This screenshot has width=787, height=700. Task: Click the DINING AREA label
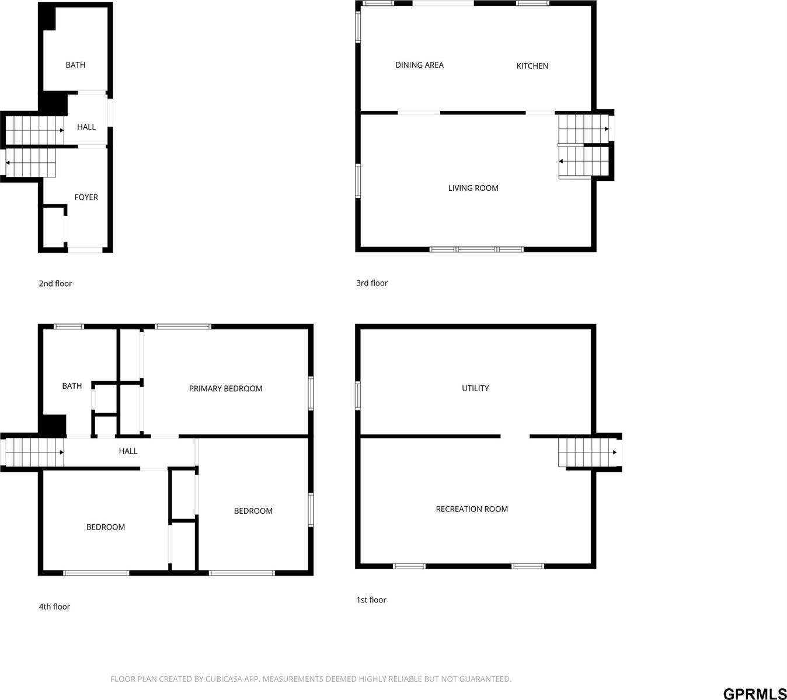click(419, 65)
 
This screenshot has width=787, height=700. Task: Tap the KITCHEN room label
click(532, 66)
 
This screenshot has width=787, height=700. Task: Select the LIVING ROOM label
click(473, 188)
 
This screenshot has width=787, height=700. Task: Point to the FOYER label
click(86, 197)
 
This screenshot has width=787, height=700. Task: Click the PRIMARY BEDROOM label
click(225, 388)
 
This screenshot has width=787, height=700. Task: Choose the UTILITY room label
click(475, 388)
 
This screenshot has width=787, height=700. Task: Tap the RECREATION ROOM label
click(472, 509)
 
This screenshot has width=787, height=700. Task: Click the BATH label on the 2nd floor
click(75, 65)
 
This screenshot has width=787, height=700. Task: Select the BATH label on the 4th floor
click(72, 386)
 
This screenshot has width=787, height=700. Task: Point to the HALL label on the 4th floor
click(128, 451)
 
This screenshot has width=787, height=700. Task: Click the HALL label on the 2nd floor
click(86, 127)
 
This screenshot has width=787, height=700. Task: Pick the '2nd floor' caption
click(55, 284)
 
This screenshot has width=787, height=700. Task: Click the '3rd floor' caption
click(372, 283)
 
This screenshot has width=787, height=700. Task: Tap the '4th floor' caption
click(54, 607)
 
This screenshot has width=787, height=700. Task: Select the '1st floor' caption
click(371, 600)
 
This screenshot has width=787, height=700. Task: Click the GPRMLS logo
click(754, 694)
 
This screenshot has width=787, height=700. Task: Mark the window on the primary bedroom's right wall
click(311, 393)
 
